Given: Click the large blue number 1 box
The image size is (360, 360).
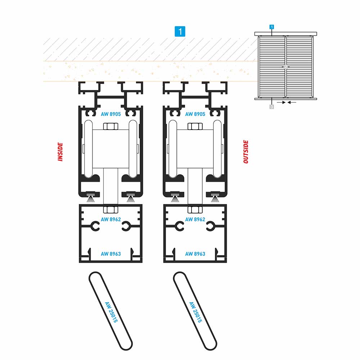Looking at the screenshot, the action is coord(180,31).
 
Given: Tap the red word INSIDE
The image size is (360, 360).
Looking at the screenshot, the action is coord(60,152).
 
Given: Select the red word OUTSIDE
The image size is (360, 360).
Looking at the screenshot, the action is coord(246,152).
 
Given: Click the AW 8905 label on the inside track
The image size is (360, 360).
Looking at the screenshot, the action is coord(111,114).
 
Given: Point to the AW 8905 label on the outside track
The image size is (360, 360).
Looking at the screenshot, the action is coord(195,114).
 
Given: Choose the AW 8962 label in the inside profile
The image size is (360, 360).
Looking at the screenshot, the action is coord(111,220).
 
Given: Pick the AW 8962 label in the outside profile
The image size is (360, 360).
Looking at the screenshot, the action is coord(195,220).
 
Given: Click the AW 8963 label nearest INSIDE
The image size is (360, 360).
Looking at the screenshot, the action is coord(111,254).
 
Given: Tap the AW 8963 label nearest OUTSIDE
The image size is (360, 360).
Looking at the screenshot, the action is coord(195,254).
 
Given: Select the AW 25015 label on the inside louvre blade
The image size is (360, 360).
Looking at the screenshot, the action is coord(111,312).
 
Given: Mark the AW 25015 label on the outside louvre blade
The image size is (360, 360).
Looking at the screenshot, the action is coord(195,312).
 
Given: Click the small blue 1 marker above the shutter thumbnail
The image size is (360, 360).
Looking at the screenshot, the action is coord(271,27).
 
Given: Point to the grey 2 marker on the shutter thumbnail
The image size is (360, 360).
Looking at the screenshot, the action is coord(285,67).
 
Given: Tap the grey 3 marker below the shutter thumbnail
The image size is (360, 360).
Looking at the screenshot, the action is coord(271,107).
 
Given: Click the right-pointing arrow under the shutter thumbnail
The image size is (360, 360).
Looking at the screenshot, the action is coord(281,102).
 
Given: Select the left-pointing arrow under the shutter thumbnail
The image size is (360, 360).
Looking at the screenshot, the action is coord(292,102).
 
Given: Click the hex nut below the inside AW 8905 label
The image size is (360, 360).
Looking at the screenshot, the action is coord(111,126).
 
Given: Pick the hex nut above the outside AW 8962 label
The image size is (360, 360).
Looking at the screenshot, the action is coord(195,210).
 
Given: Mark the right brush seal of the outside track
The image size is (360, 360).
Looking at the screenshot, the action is coord(215,198).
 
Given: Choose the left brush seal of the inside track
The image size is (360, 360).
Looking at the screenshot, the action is coord(91,198).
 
